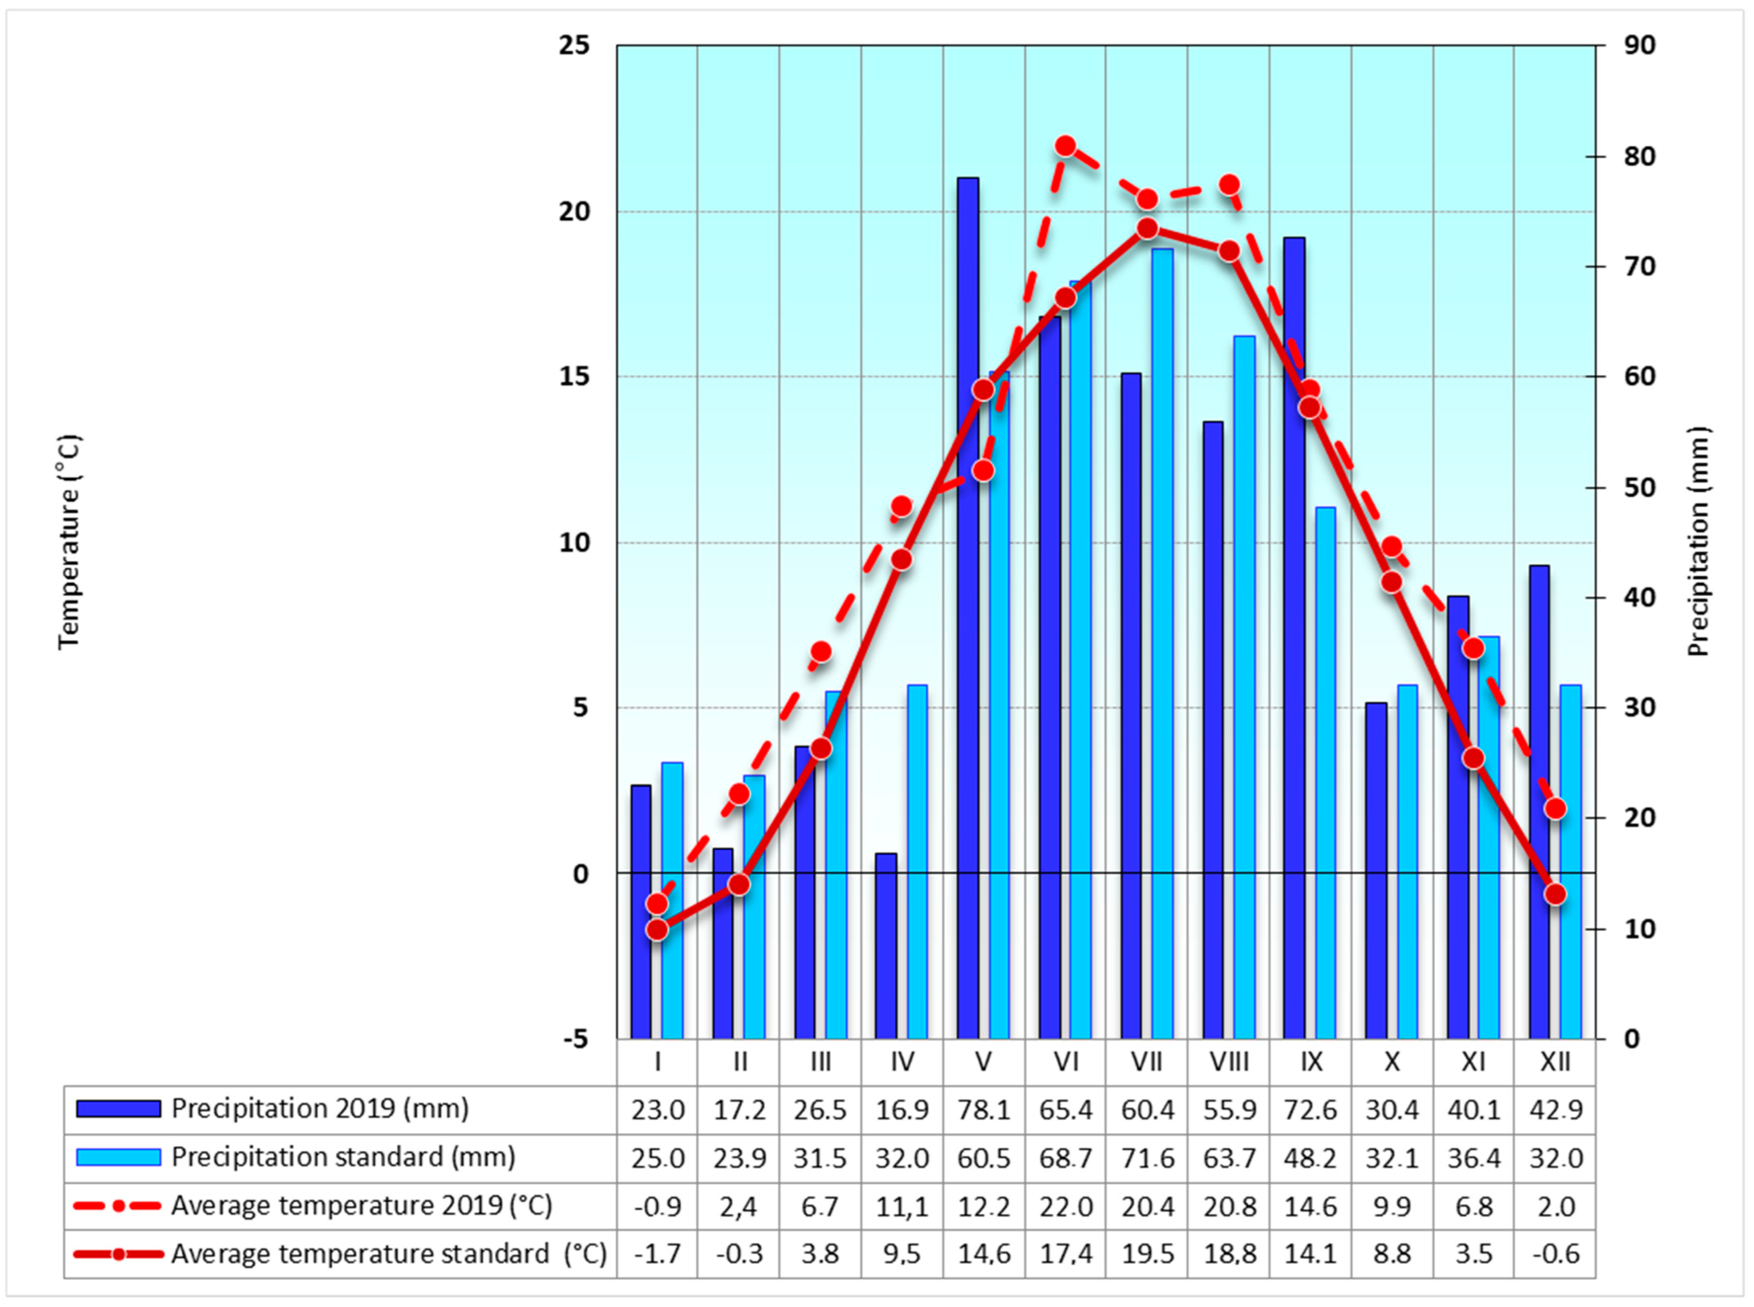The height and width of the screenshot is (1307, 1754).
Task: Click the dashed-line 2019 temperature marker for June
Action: [1066, 146]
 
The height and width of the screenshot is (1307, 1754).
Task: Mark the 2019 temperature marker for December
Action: [1555, 808]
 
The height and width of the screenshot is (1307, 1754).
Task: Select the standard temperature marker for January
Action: [657, 930]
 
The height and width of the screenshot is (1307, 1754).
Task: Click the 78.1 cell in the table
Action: [984, 1110]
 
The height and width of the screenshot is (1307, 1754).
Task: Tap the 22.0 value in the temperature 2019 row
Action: [1066, 1207]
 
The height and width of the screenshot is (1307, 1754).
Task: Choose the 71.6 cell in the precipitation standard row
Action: [1147, 1158]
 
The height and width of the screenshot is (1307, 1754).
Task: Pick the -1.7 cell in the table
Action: [657, 1254]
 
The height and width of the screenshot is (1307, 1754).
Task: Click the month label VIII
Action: [1229, 1062]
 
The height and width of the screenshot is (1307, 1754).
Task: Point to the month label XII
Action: [1555, 1062]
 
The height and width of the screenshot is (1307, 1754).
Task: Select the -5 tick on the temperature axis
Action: [576, 1039]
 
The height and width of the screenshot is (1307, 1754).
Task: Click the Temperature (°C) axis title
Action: [70, 542]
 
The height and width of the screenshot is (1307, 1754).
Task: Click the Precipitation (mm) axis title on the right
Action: [1699, 542]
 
